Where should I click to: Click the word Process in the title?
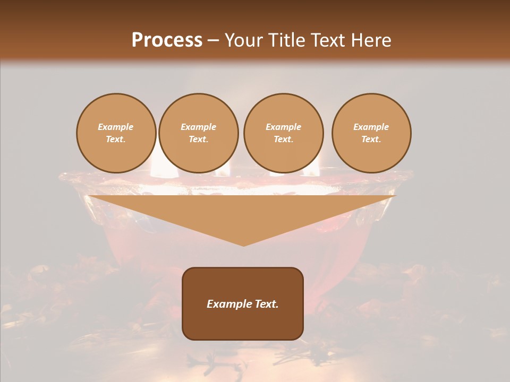[x=167, y=40]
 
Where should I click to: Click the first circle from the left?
[x=116, y=133]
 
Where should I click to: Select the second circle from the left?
[x=198, y=133]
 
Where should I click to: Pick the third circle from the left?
[x=283, y=133]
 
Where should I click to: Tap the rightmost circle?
[x=371, y=133]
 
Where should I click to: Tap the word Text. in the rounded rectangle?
[x=266, y=304]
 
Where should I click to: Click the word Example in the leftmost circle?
[x=116, y=127]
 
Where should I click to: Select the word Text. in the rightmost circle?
[x=371, y=140]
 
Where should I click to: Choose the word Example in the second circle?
[x=198, y=127]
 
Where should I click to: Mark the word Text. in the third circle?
[x=283, y=140]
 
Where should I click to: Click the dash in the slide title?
[x=213, y=41]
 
